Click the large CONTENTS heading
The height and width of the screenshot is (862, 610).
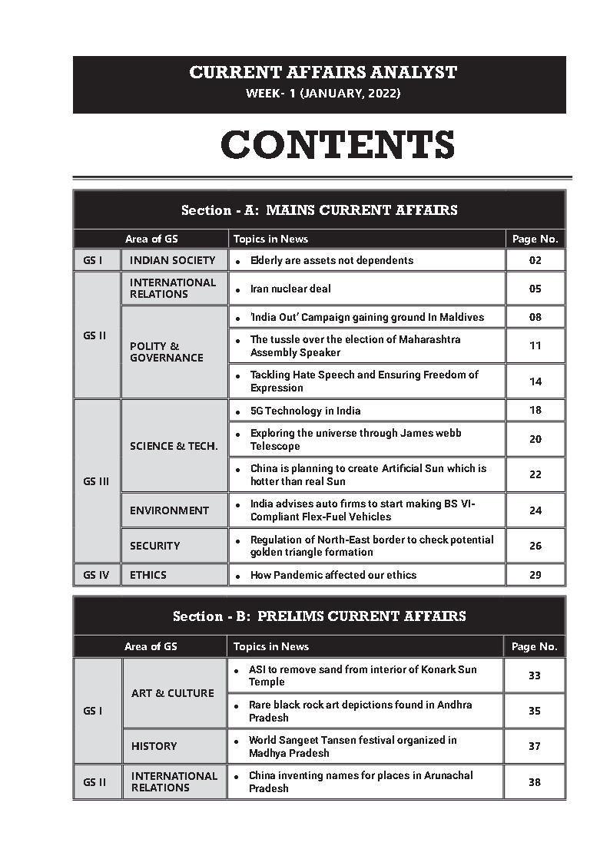[x=337, y=145]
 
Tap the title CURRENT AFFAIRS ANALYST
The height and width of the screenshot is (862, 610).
[x=323, y=73]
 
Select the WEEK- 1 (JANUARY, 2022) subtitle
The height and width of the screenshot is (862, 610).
[x=323, y=94]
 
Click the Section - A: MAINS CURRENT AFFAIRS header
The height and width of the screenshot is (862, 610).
[x=319, y=210]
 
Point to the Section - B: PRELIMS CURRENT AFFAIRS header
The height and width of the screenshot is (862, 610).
[x=319, y=616]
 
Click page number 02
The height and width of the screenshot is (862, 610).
[x=535, y=260]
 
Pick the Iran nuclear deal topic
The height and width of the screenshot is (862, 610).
[x=290, y=289]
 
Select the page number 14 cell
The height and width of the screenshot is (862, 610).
[x=535, y=381]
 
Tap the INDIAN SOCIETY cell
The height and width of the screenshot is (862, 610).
[x=172, y=260]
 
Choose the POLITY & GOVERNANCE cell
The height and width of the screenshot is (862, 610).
[x=167, y=352]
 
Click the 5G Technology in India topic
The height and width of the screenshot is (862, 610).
[x=305, y=411]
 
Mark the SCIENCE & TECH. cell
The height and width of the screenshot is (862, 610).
[x=174, y=446]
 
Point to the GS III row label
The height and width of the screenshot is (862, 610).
[x=96, y=481]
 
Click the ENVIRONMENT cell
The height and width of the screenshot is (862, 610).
[x=169, y=510]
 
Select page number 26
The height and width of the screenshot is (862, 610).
[x=535, y=546]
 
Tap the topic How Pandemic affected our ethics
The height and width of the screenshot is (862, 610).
[x=333, y=575]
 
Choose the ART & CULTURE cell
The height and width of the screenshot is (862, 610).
[x=172, y=692]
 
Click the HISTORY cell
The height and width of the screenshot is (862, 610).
[x=154, y=745]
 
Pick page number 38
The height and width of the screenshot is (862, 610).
[x=534, y=781]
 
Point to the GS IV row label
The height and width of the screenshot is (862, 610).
[x=96, y=575]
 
